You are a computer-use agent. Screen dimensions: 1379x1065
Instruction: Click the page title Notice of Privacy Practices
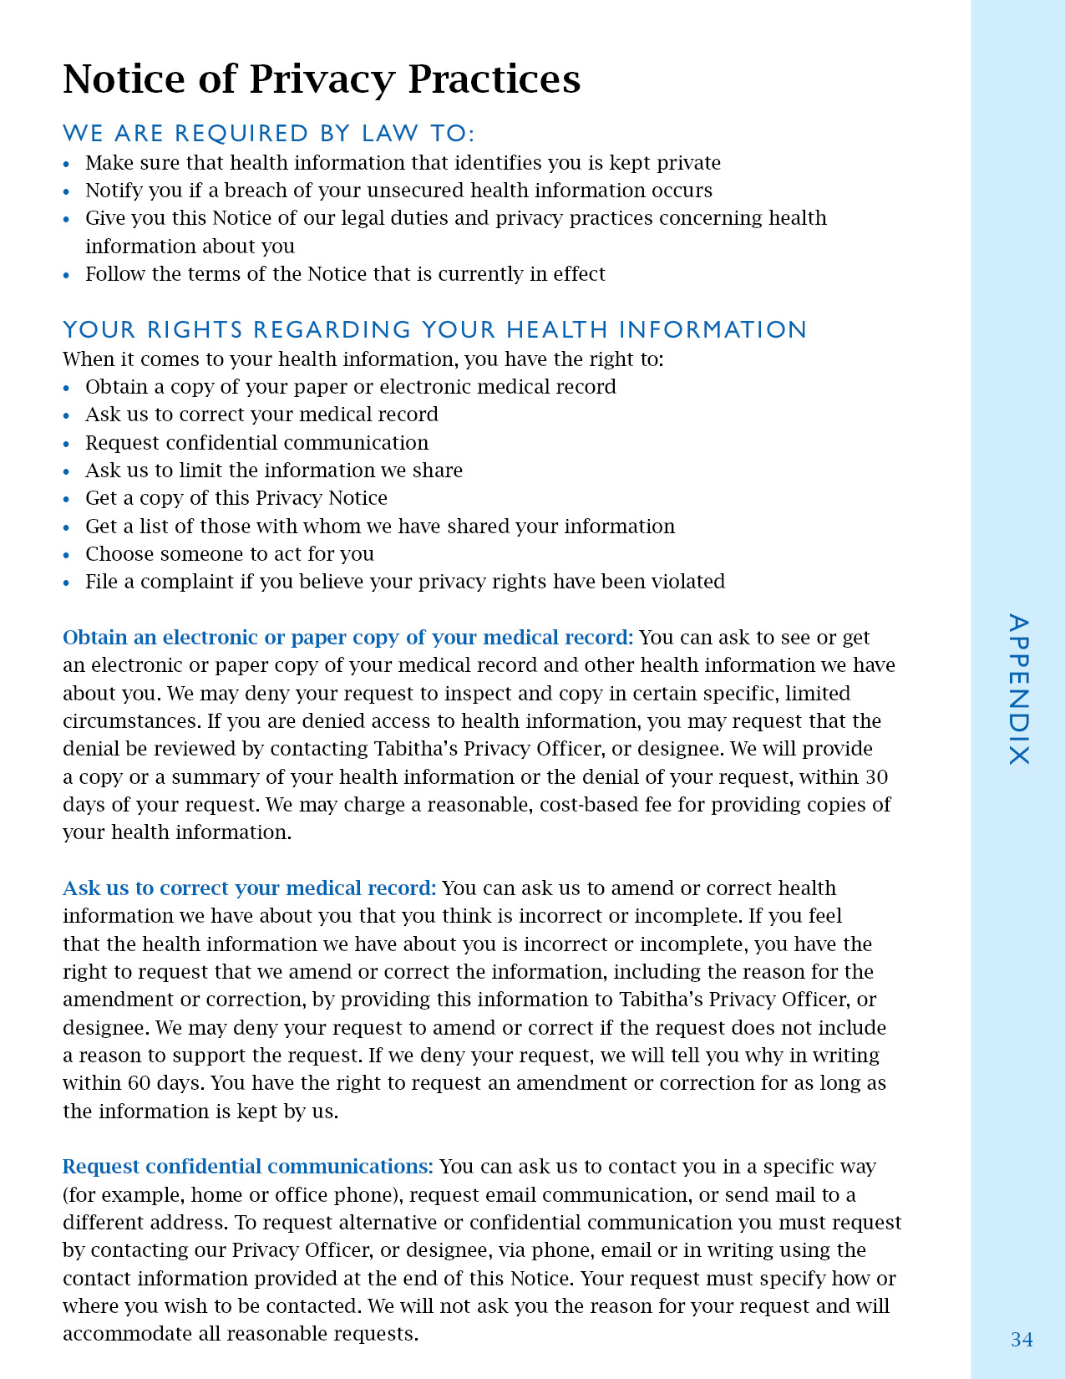point(322,79)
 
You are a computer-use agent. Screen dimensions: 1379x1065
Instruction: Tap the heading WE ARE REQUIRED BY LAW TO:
point(269,133)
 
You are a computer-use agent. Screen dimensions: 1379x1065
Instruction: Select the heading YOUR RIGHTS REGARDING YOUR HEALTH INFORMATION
point(434,329)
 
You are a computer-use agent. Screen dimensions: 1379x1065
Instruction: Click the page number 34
point(1022,1340)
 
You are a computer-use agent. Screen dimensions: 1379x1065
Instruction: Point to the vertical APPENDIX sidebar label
point(1018,689)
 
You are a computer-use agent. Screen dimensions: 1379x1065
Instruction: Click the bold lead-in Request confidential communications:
point(248,1167)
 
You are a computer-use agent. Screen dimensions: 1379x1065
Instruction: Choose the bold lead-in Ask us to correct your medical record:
point(250,888)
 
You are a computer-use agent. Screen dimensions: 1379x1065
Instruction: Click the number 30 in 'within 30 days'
point(876,777)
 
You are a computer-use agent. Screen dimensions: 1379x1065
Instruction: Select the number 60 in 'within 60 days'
point(139,1083)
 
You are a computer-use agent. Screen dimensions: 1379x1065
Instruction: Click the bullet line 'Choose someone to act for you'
point(230,554)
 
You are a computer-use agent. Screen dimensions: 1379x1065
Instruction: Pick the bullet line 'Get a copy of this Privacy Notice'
point(236,498)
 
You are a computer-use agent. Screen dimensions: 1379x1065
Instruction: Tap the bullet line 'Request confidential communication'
point(256,443)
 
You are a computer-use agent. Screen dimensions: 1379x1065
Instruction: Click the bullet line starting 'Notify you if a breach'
point(398,191)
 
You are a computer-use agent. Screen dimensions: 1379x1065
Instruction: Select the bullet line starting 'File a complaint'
point(405,582)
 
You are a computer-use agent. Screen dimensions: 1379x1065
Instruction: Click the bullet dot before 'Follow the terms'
point(67,275)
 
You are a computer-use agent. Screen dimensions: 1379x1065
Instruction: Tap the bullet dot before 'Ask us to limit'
point(67,471)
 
